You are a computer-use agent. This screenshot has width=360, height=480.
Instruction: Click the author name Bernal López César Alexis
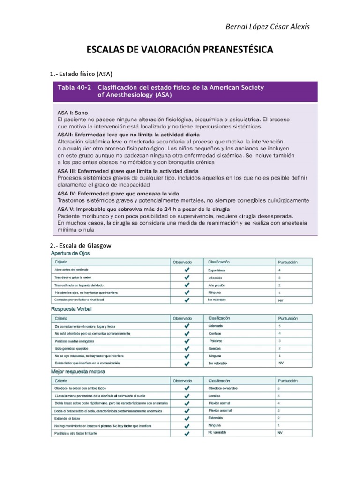tap(268, 26)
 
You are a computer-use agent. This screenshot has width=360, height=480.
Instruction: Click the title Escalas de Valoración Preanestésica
tap(180, 50)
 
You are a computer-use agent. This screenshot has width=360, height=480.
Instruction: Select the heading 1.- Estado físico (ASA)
tap(82, 74)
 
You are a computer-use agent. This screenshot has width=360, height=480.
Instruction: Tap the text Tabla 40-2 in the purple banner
tap(75, 88)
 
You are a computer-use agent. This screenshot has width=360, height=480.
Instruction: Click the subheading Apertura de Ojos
tap(70, 253)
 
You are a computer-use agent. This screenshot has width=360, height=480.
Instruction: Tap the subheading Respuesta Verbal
tap(71, 309)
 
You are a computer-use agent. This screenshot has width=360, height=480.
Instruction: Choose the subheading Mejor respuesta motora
tap(78, 371)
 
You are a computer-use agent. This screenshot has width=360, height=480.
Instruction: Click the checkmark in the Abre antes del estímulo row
tap(187, 270)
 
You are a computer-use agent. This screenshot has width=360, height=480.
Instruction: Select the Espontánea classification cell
tap(217, 270)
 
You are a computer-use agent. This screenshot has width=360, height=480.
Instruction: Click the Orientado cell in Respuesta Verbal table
tap(216, 326)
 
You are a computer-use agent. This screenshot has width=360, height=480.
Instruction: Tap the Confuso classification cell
tap(215, 333)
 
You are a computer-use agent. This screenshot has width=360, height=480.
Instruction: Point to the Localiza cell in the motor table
tap(215, 396)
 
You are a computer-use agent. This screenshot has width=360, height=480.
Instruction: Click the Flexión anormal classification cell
tap(220, 410)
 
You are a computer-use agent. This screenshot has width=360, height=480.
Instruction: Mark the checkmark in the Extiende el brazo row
tap(187, 418)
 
